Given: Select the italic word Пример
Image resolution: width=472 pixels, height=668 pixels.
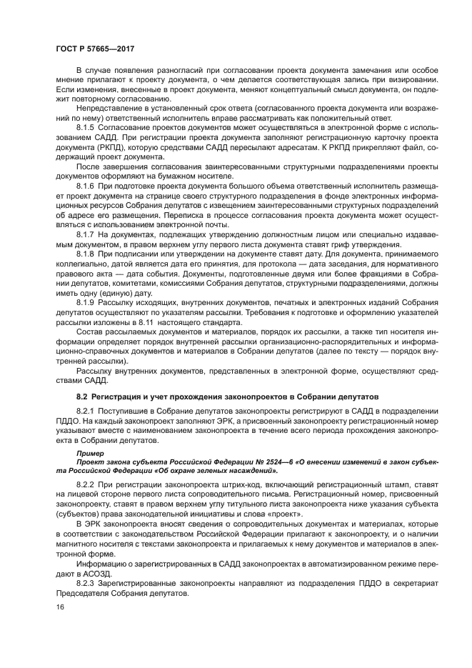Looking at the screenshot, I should (x=90, y=453).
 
